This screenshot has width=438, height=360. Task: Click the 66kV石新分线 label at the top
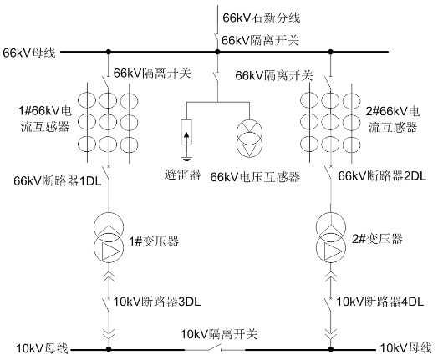pyautogui.click(x=261, y=18)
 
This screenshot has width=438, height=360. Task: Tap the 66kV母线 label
pyautogui.click(x=29, y=53)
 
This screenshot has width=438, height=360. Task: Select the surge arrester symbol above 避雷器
pyautogui.click(x=186, y=133)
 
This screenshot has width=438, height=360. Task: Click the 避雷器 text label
pyautogui.click(x=182, y=175)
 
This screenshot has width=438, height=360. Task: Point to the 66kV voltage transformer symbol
pyautogui.click(x=249, y=138)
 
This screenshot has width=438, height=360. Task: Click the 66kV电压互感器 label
pyautogui.click(x=255, y=177)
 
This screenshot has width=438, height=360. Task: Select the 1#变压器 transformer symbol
pyautogui.click(x=109, y=237)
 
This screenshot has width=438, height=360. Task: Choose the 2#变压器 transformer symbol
pyautogui.click(x=331, y=237)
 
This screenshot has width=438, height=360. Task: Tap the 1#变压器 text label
pyautogui.click(x=154, y=241)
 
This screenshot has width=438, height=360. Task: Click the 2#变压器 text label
pyautogui.click(x=377, y=239)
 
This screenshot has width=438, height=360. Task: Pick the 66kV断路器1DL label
pyautogui.click(x=58, y=181)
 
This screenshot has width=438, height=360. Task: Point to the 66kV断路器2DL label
pyautogui.click(x=382, y=175)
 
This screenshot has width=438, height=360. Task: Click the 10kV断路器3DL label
pyautogui.click(x=157, y=302)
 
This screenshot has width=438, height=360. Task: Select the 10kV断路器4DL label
pyautogui.click(x=379, y=302)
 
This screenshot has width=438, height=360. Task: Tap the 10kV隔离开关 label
pyautogui.click(x=219, y=334)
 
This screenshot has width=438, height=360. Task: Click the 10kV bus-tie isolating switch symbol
pyautogui.click(x=215, y=348)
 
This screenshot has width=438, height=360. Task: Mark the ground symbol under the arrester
pyautogui.click(x=186, y=159)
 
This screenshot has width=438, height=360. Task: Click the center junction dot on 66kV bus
pyautogui.click(x=218, y=52)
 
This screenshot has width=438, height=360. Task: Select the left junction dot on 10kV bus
pyautogui.click(x=109, y=349)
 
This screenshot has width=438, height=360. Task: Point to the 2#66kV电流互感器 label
pyautogui.click(x=393, y=119)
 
